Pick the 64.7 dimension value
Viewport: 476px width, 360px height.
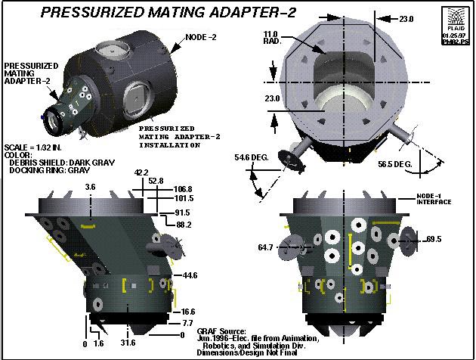266,247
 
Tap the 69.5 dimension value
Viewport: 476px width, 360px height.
434,240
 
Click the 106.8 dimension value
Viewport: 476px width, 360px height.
184,189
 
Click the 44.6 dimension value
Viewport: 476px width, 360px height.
189,276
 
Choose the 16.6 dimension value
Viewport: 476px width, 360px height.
188,311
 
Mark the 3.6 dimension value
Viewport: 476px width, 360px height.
91,186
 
